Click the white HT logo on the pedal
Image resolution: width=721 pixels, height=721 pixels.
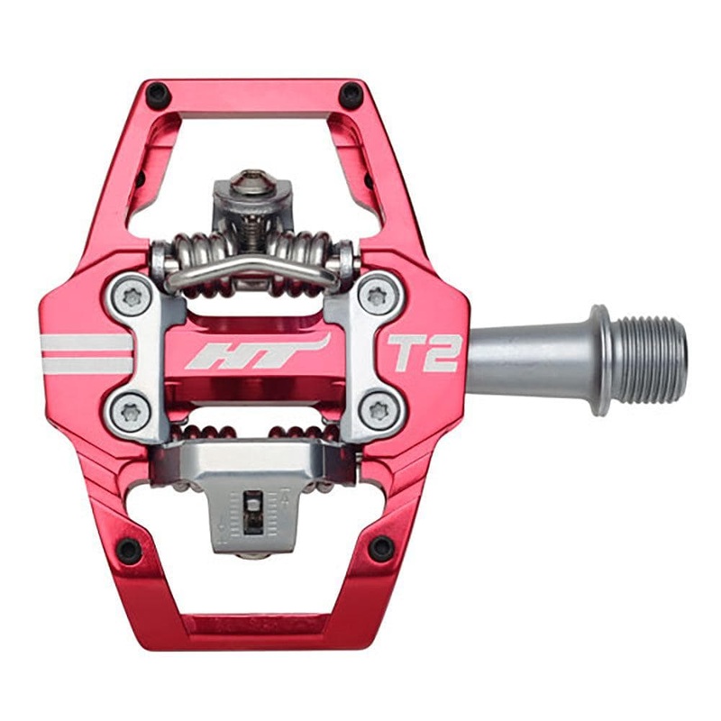coord(257,352)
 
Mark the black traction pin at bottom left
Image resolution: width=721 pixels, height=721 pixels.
coord(129,549)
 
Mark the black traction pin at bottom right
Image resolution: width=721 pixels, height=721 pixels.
coord(382,547)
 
